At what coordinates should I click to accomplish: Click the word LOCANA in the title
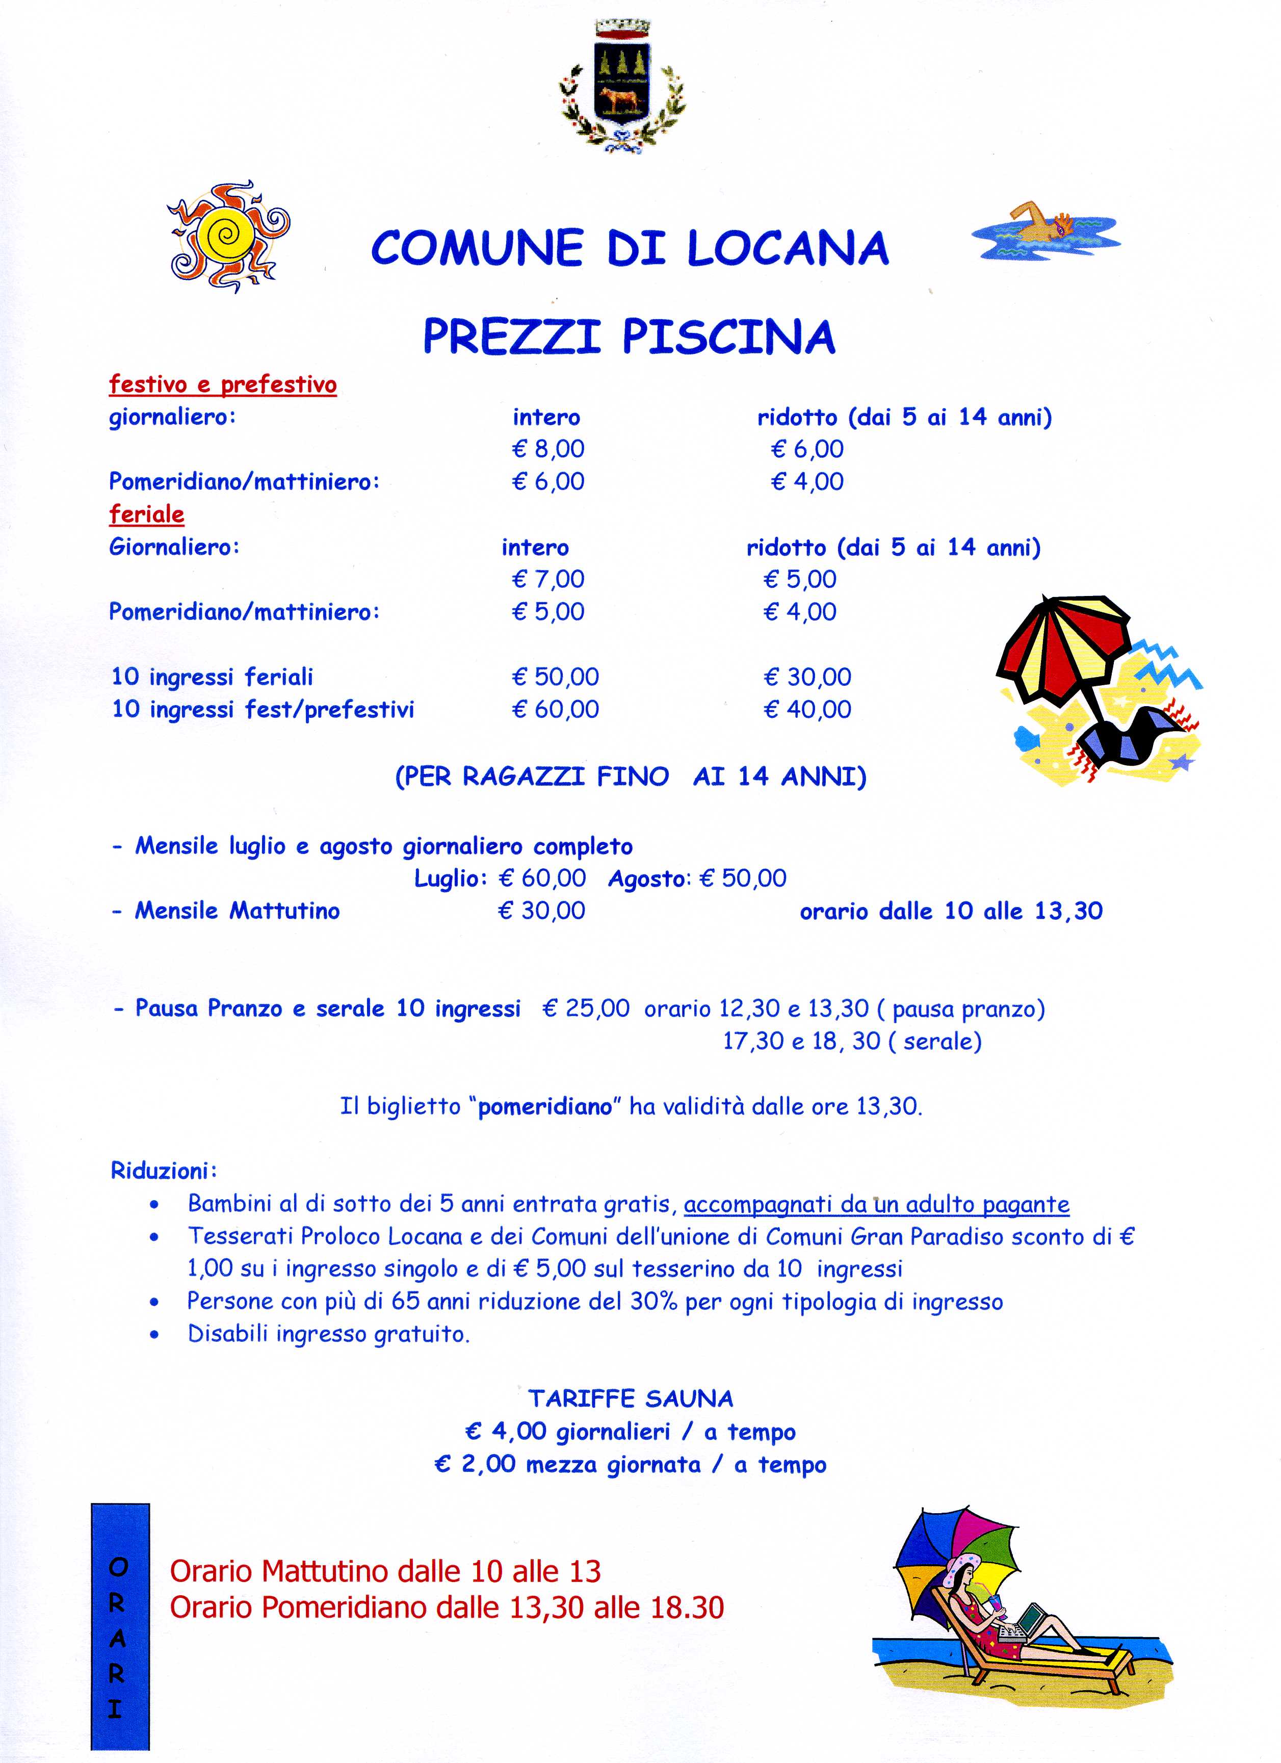coord(788,248)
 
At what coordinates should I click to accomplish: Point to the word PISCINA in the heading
coord(729,336)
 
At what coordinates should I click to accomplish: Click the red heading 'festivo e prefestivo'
coord(223,385)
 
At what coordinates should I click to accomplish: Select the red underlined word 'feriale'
coord(147,514)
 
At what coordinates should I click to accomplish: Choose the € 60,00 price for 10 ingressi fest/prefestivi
coord(555,709)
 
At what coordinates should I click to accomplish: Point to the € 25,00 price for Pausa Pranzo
coord(586,1009)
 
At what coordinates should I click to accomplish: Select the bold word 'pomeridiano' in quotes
coord(545,1106)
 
